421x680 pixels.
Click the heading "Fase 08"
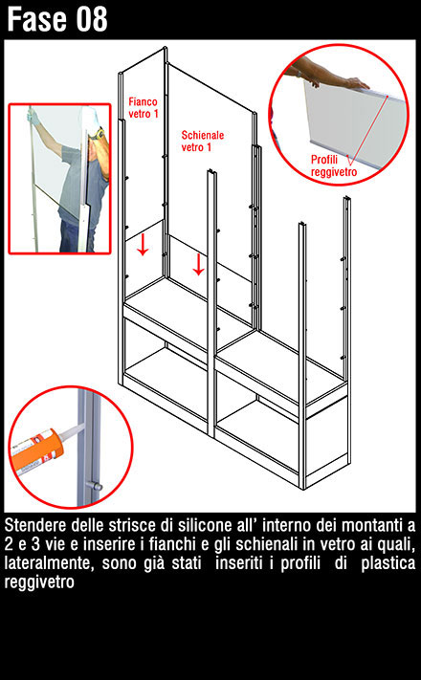click(x=57, y=19)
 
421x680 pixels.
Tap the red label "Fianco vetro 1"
click(x=144, y=107)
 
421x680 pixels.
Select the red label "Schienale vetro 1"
click(x=202, y=141)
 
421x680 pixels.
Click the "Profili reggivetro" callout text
click(x=334, y=165)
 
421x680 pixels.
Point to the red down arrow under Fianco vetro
click(x=143, y=245)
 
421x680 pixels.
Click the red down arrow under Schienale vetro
click(x=198, y=265)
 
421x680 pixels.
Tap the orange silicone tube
click(x=36, y=448)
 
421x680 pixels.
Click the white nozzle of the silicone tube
click(x=72, y=431)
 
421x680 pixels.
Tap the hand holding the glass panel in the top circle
click(x=357, y=83)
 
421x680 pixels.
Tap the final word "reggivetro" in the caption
click(x=39, y=582)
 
